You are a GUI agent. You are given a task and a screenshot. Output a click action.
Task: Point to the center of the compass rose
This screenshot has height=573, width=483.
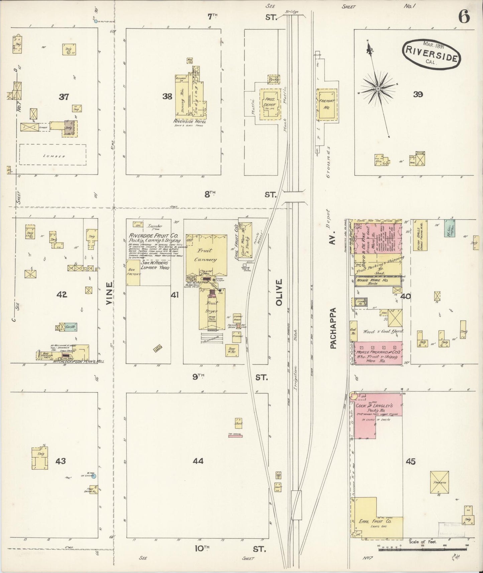point(378,89)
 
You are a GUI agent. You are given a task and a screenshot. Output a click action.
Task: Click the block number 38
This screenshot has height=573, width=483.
point(167,97)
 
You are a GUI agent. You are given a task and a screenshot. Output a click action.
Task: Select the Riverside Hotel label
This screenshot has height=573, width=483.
point(190,122)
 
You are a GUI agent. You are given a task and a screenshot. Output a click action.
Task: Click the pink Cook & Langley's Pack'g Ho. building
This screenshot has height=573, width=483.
point(378,411)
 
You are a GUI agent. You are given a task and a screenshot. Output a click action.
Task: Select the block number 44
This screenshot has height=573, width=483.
point(198,461)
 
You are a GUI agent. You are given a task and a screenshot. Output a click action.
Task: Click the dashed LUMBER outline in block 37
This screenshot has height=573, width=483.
point(52,155)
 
